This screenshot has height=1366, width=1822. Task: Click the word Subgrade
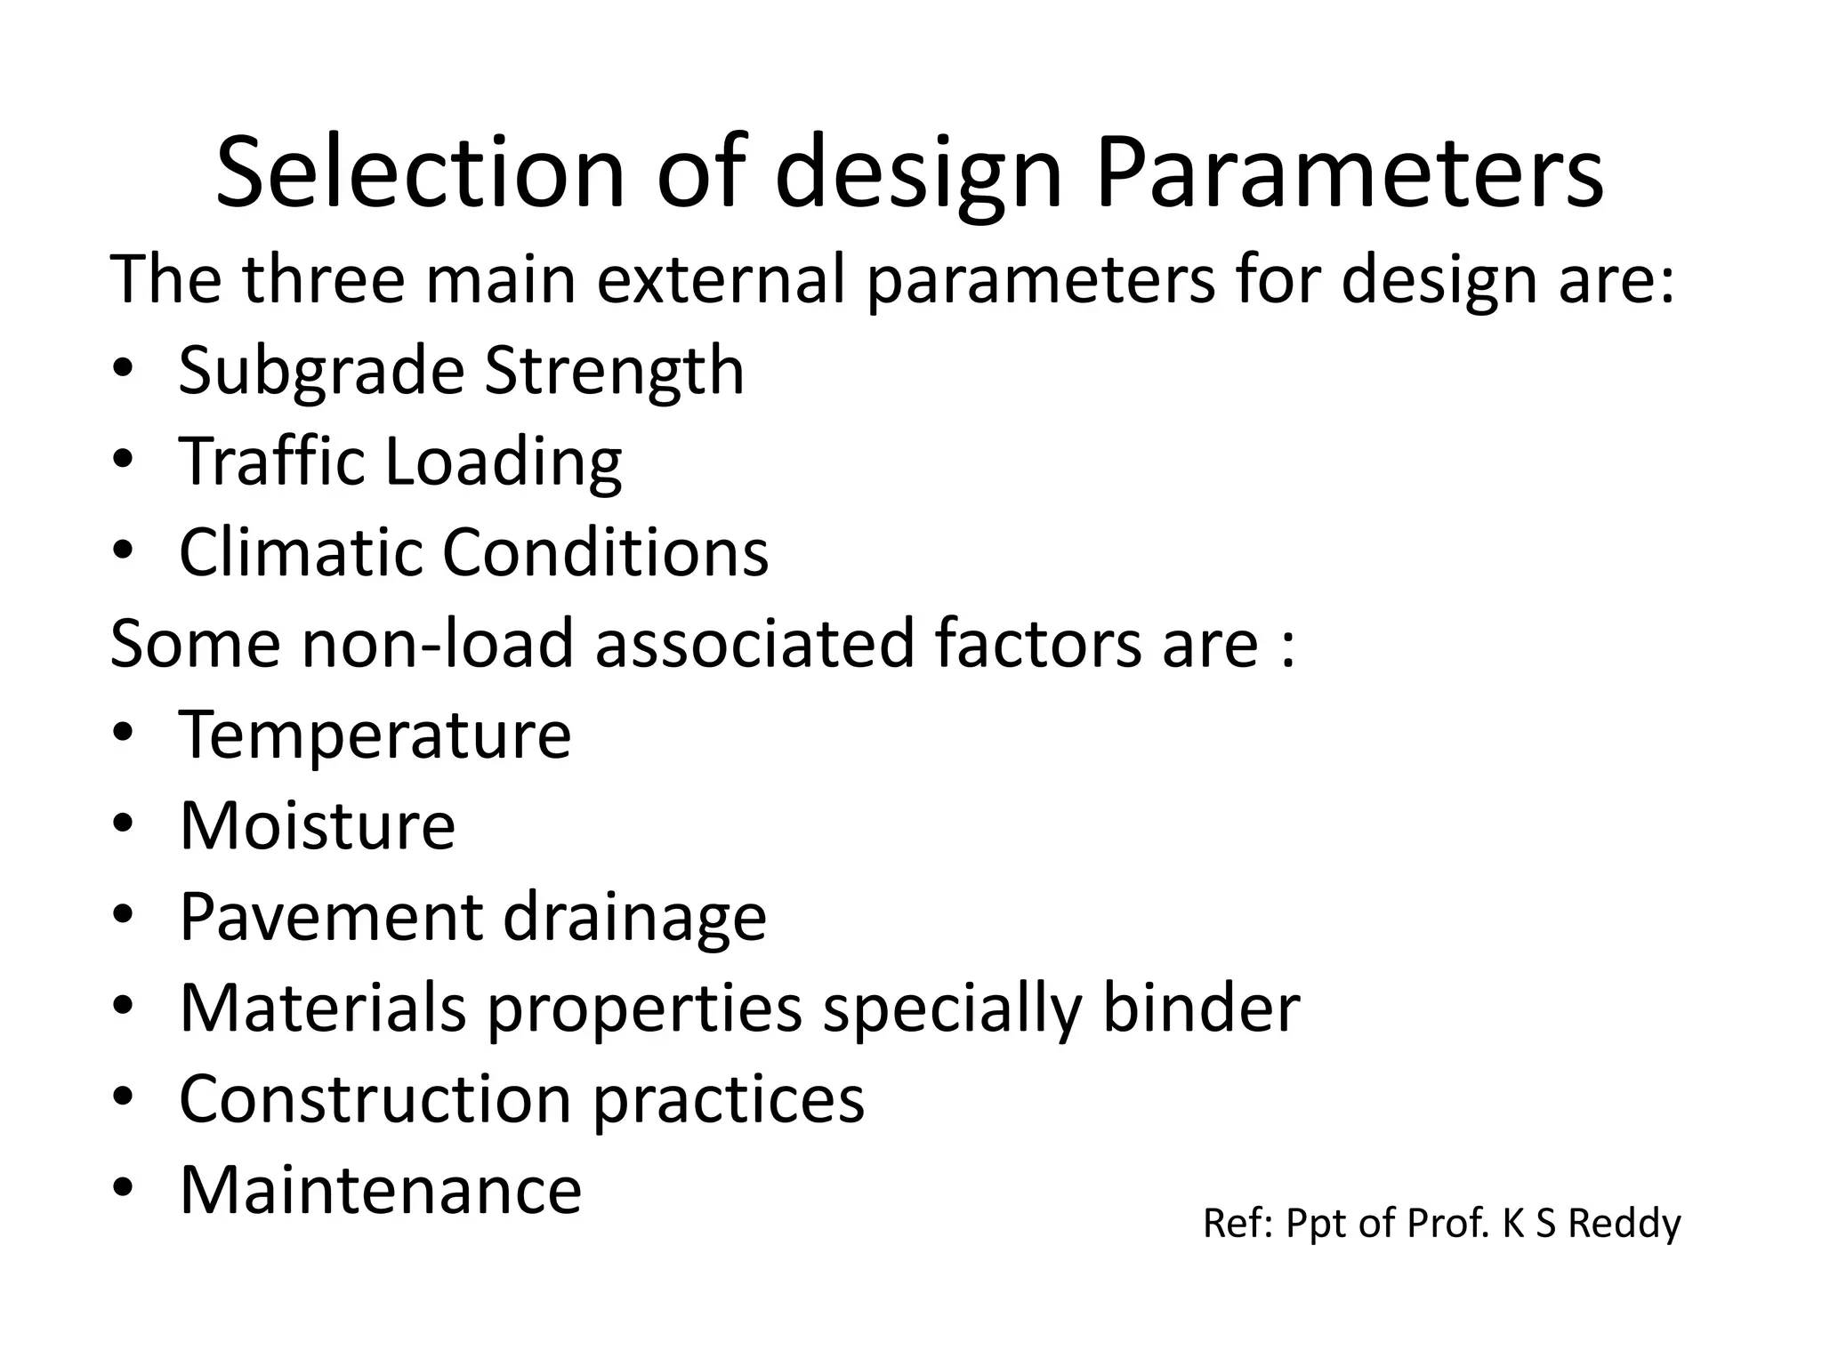point(321,372)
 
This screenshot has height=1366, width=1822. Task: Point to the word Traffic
point(272,462)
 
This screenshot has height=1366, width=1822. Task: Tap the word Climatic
point(300,552)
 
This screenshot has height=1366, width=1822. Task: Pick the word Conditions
point(605,552)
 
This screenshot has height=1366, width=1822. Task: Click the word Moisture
point(318,826)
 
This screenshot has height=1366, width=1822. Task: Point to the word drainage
point(634,920)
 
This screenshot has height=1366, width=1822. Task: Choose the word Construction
point(375,1099)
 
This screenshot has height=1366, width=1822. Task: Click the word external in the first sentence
point(721,279)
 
